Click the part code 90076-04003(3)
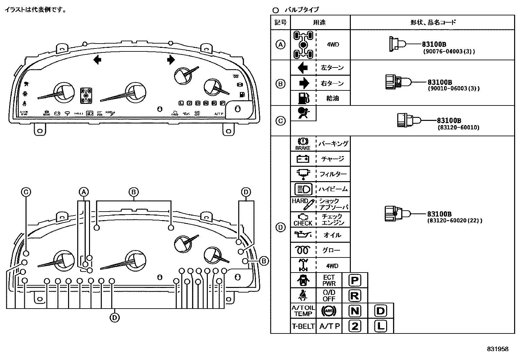pos(448,51)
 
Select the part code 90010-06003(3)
pos(454,89)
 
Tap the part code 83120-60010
pos(458,127)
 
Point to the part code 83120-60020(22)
pos(455,221)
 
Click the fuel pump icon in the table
pos(303,98)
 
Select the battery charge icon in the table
pos(303,159)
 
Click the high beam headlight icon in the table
pos(303,189)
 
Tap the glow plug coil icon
pos(303,250)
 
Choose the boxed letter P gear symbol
pos(355,280)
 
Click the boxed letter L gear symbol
pos(381,326)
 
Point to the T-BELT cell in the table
pos(303,326)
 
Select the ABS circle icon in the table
pos(329,311)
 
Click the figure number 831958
pos(497,349)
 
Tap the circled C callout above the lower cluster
pos(26,192)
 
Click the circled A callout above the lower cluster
pos(84,192)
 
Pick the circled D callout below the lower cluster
pos(115,317)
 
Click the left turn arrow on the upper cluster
pos(97,60)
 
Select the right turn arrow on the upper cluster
pos(171,60)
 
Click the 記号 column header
pos(280,22)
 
